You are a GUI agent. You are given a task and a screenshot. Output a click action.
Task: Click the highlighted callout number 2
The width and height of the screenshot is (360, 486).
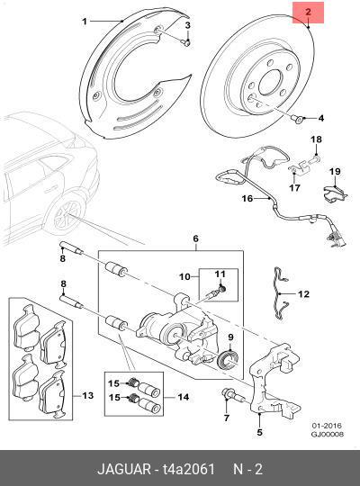308,13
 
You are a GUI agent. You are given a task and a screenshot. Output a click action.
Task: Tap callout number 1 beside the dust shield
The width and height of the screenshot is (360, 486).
85,21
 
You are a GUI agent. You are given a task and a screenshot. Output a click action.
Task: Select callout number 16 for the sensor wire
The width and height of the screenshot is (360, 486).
222,200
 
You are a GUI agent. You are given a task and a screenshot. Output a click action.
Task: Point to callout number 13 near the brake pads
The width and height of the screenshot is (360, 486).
87,396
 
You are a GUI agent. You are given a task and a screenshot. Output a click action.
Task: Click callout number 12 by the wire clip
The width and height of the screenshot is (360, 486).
304,293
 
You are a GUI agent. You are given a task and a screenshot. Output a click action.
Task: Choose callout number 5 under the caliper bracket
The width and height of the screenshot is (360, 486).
194,238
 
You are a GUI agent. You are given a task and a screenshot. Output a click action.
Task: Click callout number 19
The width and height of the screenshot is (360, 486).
333,171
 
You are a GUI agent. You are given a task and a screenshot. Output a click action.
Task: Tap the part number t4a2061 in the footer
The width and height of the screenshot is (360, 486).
189,469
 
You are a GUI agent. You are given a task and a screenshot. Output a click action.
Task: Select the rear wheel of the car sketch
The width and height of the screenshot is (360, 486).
66,217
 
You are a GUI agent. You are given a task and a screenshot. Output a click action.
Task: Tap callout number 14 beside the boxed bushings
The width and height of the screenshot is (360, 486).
184,396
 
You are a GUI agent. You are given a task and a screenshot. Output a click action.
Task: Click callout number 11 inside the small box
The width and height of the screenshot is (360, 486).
220,273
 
